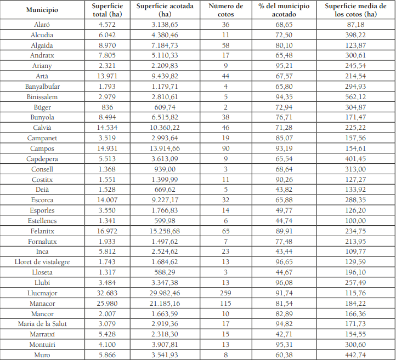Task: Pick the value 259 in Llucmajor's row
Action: pyautogui.click(x=225, y=293)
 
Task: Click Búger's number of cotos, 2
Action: pyautogui.click(x=225, y=107)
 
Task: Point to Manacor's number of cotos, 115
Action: pyautogui.click(x=225, y=304)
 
